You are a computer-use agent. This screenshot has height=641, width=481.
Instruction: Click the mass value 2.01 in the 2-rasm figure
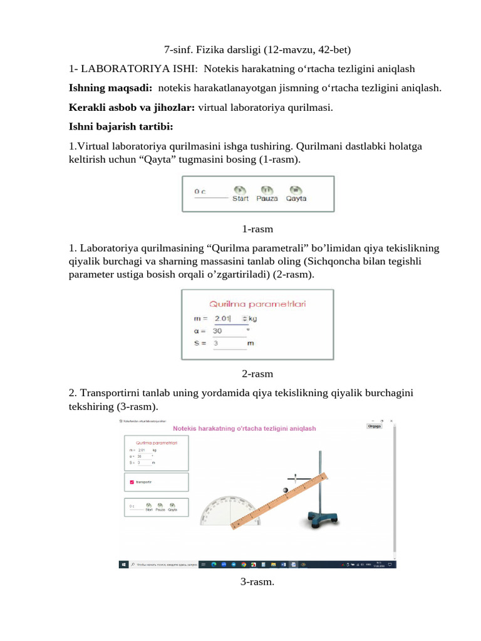coord(223,319)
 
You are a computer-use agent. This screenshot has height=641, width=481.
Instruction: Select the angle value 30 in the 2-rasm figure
coord(218,331)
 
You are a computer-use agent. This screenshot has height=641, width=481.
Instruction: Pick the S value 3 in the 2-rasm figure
coord(216,343)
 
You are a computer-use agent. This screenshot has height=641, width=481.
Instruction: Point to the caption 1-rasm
coord(257,229)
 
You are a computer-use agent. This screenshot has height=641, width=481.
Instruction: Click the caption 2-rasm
coord(257,374)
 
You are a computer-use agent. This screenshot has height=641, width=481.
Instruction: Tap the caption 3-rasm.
coord(257,582)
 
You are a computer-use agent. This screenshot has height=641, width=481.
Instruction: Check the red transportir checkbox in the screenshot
coord(132,482)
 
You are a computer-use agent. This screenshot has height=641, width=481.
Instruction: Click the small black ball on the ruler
coord(286,490)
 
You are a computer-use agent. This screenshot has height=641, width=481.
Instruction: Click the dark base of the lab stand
coord(323,518)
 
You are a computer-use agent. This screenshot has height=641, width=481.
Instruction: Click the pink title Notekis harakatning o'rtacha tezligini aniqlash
coord(244,428)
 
